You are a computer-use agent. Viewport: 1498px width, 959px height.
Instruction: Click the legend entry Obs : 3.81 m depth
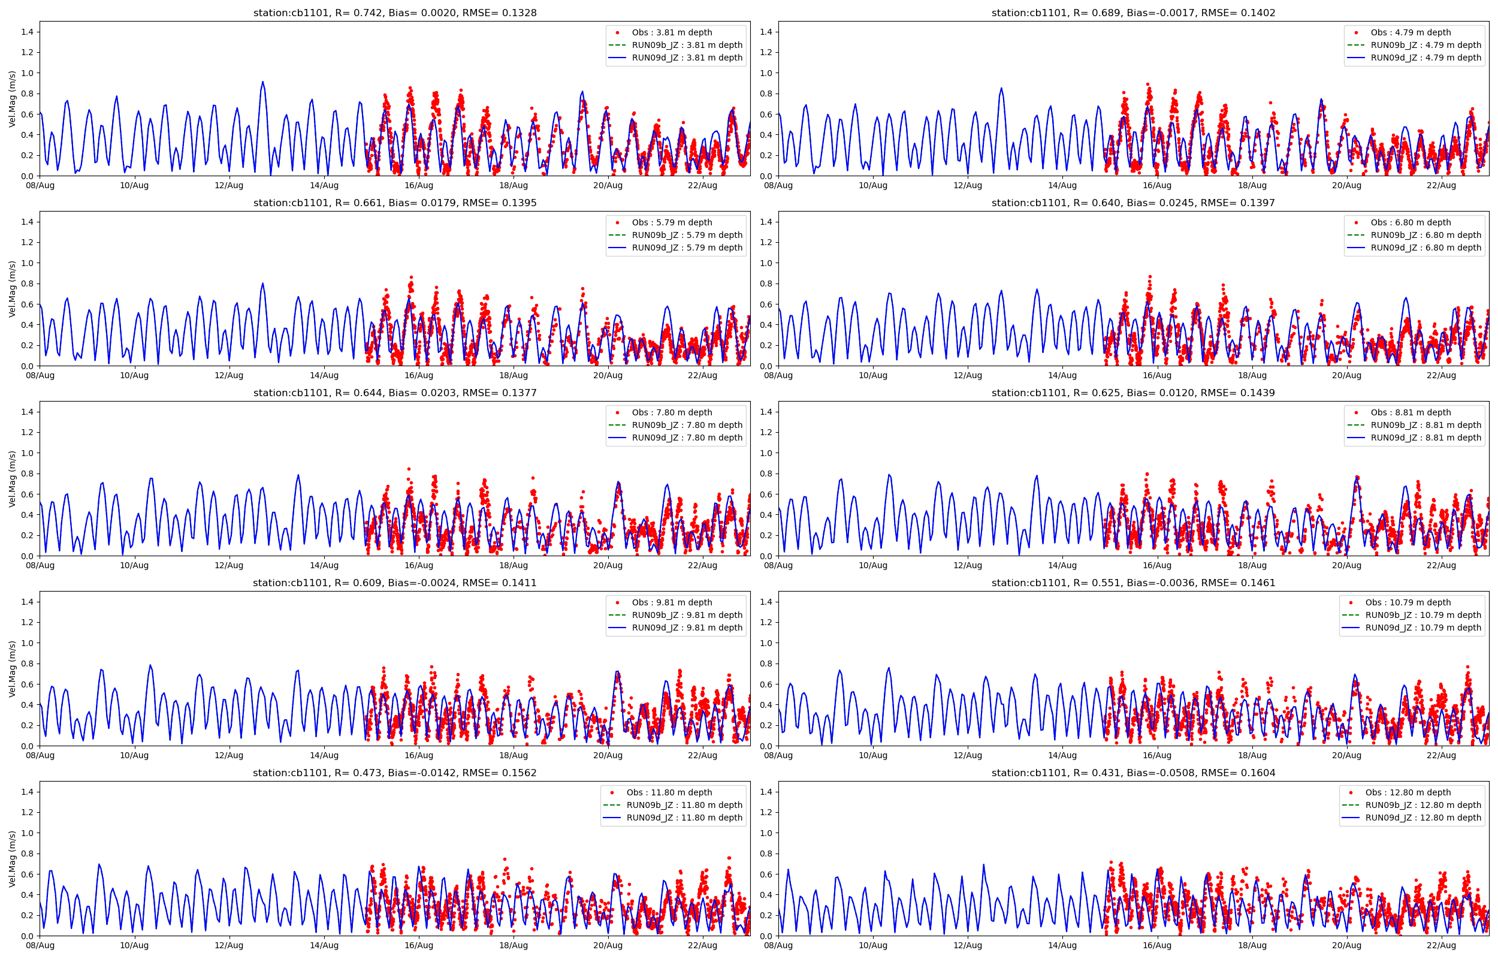click(672, 32)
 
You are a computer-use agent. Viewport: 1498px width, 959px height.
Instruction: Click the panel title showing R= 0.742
click(394, 13)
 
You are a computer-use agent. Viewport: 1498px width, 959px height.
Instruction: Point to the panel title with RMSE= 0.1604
click(1132, 773)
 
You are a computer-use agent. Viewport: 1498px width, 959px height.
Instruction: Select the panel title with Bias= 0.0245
click(1132, 203)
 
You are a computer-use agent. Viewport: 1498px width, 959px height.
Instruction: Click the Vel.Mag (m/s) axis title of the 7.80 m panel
click(12, 479)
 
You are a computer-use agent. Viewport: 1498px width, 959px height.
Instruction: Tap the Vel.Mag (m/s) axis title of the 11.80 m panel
click(12, 859)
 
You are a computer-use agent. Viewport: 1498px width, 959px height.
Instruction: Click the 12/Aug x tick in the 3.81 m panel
click(229, 186)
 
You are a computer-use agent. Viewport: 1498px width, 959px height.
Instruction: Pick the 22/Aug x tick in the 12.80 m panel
click(1440, 945)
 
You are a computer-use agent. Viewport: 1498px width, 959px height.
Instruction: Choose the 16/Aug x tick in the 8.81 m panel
click(1157, 565)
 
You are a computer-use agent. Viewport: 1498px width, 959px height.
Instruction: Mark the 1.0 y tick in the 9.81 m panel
click(27, 643)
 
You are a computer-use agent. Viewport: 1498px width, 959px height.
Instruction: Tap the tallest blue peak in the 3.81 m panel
click(262, 82)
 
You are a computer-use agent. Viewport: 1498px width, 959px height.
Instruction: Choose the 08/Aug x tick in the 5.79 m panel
click(40, 375)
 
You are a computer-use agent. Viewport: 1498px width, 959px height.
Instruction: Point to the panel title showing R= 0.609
click(394, 583)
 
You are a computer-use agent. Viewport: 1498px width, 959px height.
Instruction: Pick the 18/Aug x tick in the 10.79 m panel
click(1252, 755)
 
